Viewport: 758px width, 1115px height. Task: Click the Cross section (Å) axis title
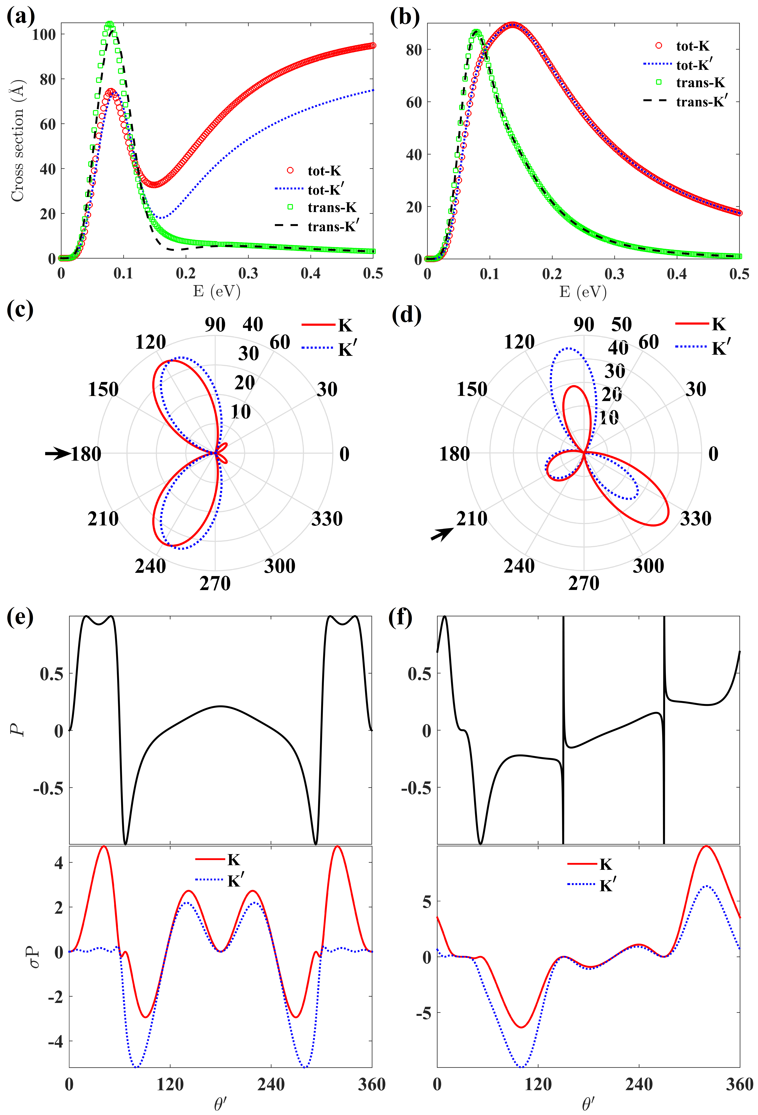tap(17, 141)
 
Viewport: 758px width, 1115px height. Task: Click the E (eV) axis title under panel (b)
tap(583, 291)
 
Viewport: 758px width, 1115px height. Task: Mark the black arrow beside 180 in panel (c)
tap(57, 453)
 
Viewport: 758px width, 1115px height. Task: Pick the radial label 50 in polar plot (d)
tap(621, 325)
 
